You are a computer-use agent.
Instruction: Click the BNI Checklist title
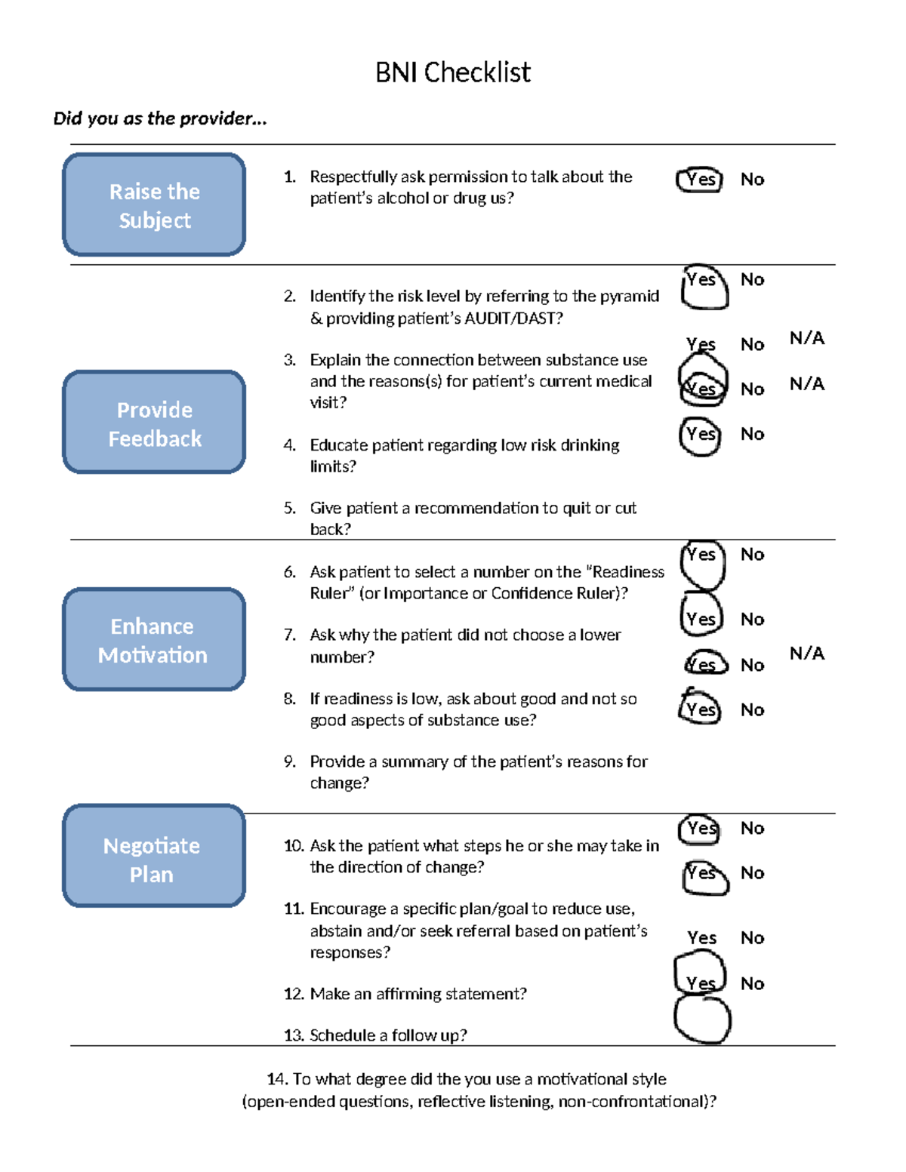[453, 72]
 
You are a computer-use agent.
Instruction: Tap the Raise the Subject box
[154, 205]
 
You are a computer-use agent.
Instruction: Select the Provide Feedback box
[154, 423]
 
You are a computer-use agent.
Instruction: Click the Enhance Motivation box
[154, 640]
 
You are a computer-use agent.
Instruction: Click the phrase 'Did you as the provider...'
[160, 118]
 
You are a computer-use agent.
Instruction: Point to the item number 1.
[289, 177]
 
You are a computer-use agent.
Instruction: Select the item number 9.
[289, 761]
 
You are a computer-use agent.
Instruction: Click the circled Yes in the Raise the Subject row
[700, 180]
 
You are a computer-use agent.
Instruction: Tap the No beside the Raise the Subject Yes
[752, 180]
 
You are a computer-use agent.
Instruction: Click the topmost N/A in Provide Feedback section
[806, 338]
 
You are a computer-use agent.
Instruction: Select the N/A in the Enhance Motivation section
[806, 654]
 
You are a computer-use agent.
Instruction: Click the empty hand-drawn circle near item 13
[702, 1020]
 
